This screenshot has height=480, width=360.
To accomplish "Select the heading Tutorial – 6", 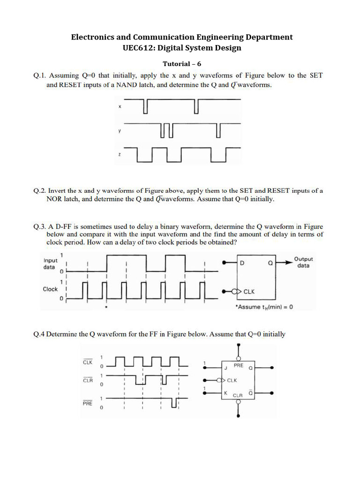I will tap(182, 64).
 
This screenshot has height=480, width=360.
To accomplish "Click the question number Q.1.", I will tap(39, 75).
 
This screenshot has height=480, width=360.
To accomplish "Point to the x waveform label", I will tap(120, 107).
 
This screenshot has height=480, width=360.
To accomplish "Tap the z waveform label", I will tap(120, 154).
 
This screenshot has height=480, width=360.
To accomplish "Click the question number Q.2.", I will tap(39, 191).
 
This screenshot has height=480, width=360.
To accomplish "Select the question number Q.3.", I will tap(39, 226).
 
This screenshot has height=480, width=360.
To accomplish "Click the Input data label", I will tap(51, 263).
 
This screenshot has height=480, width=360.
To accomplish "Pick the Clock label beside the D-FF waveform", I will tap(50, 289).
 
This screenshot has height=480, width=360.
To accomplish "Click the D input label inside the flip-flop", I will tap(242, 263).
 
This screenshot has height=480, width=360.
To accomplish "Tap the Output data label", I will tap(303, 262).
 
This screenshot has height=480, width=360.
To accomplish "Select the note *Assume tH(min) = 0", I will tap(265, 307).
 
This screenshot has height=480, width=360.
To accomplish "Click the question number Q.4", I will tap(39, 334).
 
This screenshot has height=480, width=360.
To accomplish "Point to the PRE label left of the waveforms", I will tap(88, 403).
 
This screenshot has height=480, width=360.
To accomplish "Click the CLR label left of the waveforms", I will tap(88, 381).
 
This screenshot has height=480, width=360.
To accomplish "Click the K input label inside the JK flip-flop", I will tap(225, 393).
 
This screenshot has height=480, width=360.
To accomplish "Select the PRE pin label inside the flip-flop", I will tap(238, 365).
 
